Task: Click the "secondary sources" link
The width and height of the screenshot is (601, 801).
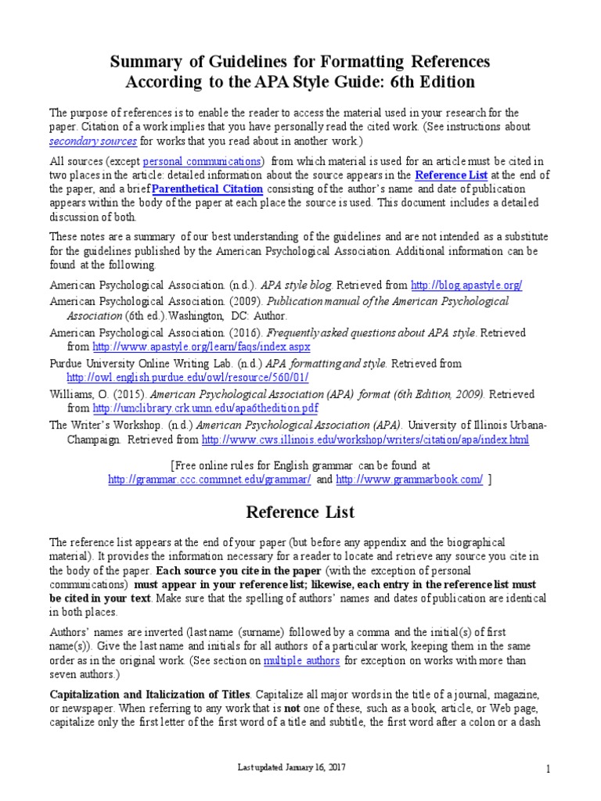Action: click(x=93, y=142)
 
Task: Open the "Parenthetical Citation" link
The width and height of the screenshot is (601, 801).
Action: click(x=207, y=189)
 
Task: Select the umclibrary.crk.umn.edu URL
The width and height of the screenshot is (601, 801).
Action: click(x=205, y=408)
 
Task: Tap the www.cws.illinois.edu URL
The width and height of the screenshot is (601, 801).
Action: click(x=365, y=440)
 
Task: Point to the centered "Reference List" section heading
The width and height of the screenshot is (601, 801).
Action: click(x=300, y=513)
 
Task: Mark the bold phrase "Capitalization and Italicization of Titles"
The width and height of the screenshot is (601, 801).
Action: click(x=149, y=695)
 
